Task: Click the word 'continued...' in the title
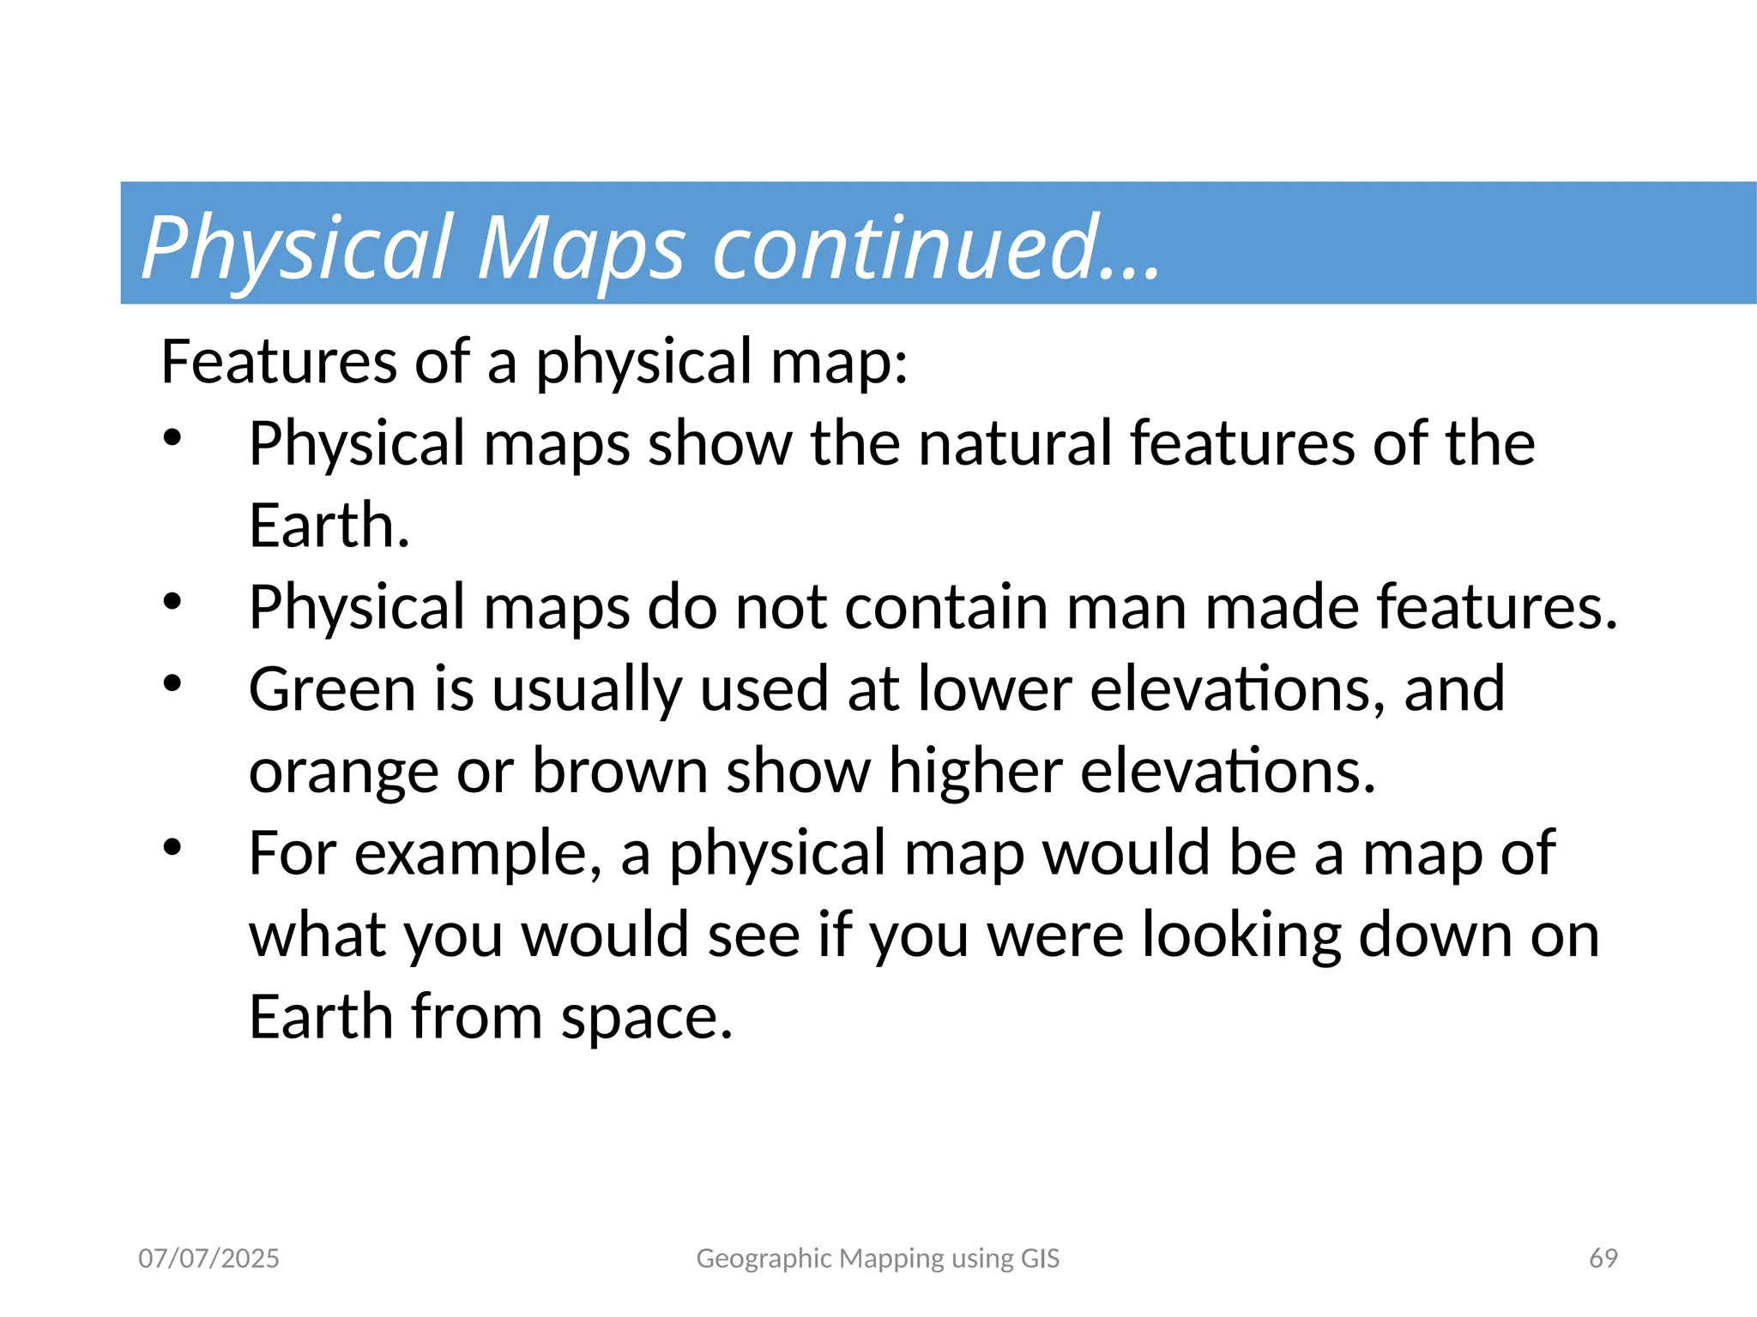coord(937,248)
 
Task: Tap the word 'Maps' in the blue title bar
coord(581,250)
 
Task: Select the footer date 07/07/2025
coord(208,1258)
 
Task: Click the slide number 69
coord(1603,1258)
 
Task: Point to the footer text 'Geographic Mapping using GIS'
coord(878,1258)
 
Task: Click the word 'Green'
coord(332,689)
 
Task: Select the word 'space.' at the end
coord(647,1017)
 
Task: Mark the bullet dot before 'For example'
coord(172,847)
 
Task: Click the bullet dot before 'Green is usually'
coord(172,683)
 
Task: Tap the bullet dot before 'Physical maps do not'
coord(172,601)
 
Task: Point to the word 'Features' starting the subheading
coord(278,362)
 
